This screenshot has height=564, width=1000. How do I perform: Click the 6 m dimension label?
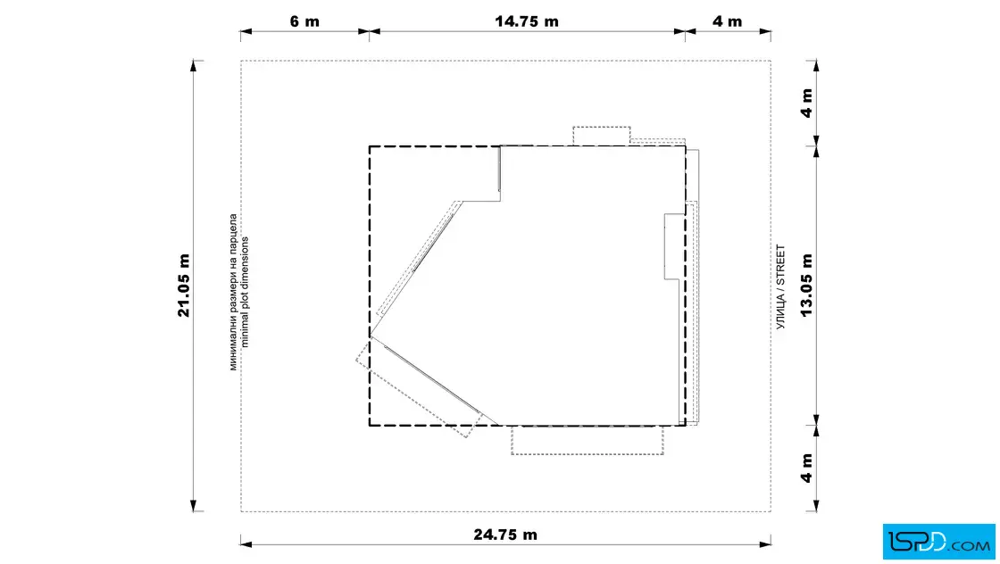click(304, 21)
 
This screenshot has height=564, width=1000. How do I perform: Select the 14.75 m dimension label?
click(526, 21)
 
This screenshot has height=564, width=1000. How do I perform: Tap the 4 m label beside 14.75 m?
click(727, 21)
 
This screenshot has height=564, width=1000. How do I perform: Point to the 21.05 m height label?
click(184, 285)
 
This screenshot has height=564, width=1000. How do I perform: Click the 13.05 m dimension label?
click(806, 285)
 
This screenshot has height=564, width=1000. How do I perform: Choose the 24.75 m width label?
click(505, 535)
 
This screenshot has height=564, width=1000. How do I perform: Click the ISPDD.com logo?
click(938, 542)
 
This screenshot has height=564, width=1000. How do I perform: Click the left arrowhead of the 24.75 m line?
click(246, 544)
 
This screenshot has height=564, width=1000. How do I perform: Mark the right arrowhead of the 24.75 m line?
click(765, 544)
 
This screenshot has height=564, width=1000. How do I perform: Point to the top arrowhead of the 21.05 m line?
click(193, 66)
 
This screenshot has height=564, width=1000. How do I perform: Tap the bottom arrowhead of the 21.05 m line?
click(193, 506)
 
